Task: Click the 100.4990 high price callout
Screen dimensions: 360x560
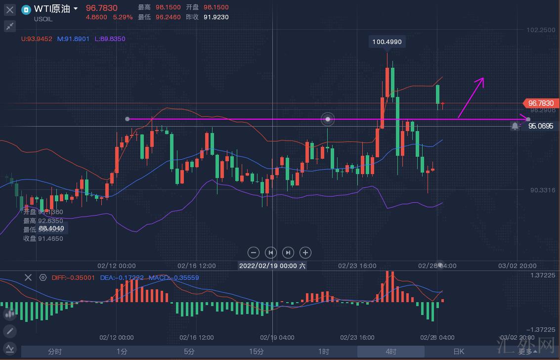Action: (x=387, y=42)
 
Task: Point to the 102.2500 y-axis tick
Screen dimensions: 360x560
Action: (x=541, y=30)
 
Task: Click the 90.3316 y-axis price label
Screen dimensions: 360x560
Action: (x=542, y=190)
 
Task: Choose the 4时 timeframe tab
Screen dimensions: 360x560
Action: (x=391, y=352)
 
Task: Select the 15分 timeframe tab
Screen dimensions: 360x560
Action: (x=256, y=352)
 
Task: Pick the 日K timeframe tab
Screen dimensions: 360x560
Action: (x=459, y=352)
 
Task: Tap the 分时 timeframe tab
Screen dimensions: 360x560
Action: (x=55, y=352)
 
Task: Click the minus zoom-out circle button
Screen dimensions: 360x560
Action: (x=254, y=253)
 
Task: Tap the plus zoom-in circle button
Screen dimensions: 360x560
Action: (x=305, y=253)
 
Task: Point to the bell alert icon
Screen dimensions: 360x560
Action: (x=516, y=126)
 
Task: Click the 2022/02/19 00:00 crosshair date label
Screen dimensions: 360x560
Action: (x=272, y=266)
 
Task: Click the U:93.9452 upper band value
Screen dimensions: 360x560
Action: (x=37, y=39)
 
